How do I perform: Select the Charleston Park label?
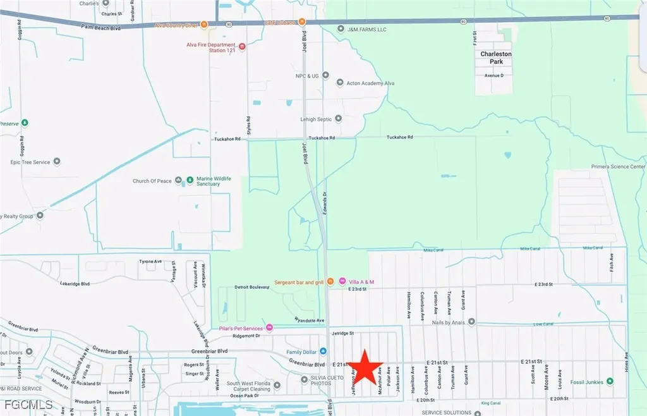point(496,58)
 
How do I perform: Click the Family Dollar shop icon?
point(323,351)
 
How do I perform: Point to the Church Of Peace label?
point(152,181)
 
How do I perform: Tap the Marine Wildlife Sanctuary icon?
point(189,181)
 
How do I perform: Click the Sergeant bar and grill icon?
point(330,281)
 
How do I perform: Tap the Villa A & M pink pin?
point(342,281)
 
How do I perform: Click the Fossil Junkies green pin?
point(610,381)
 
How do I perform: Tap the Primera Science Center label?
point(617,167)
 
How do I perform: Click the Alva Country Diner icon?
point(204,25)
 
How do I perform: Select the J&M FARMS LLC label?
point(366,28)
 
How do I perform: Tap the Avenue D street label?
point(494,76)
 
